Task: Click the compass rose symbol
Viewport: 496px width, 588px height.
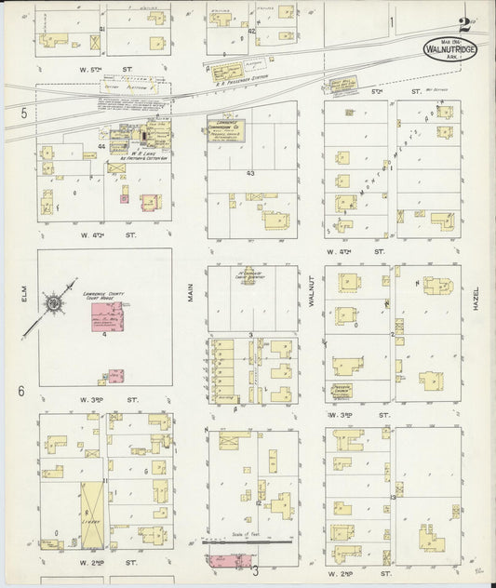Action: pos(55,304)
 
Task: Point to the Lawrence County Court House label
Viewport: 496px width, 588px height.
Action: pos(111,301)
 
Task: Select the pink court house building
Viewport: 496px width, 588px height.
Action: pos(109,322)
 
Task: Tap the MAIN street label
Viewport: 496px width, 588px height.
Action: pos(189,295)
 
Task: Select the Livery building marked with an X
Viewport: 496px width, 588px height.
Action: pos(92,514)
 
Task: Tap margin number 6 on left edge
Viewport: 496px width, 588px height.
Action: pos(20,391)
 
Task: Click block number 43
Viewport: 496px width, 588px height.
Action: pos(250,174)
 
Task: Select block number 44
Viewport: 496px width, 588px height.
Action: pos(101,147)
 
